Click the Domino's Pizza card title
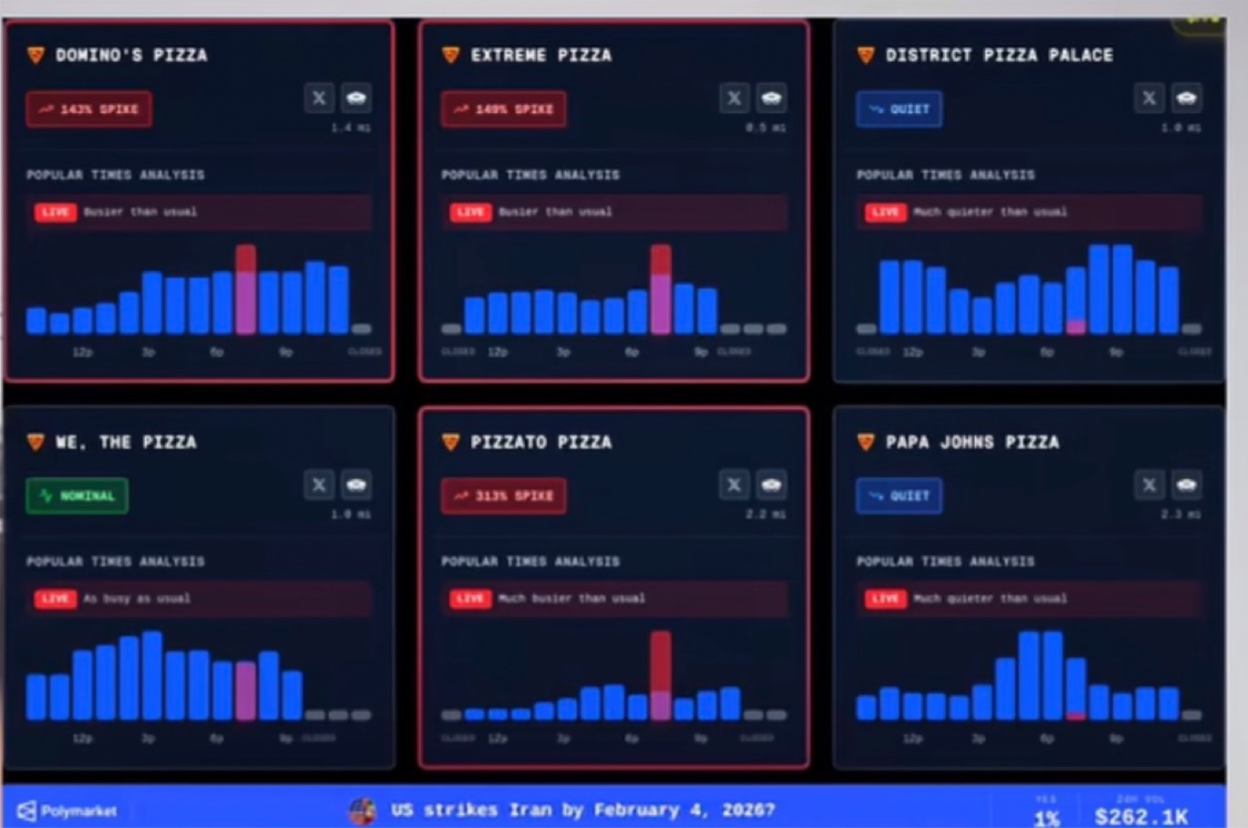[x=131, y=55]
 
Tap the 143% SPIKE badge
[x=89, y=109]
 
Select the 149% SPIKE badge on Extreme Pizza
[x=503, y=109]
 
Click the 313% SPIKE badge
[x=503, y=496]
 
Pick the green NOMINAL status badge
[x=77, y=496]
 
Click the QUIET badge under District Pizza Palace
[x=899, y=109]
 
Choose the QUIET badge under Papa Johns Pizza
[x=899, y=496]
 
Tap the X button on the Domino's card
[x=319, y=98]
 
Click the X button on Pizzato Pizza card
[x=734, y=485]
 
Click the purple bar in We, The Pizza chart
[x=246, y=690]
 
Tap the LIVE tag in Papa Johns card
[x=884, y=599]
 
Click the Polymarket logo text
[x=79, y=811]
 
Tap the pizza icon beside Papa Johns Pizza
[x=865, y=442]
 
